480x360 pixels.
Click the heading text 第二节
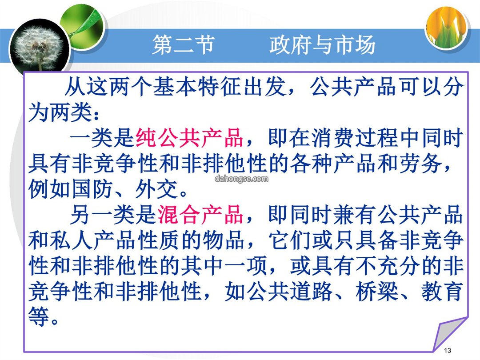[184, 45]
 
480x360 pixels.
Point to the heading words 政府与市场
[322, 45]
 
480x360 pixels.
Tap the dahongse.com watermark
[241, 179]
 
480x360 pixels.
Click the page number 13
[447, 351]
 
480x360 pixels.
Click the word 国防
[92, 189]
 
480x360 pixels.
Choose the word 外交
[157, 189]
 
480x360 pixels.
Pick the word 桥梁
[377, 292]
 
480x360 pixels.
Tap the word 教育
[442, 292]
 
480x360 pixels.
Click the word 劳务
[420, 164]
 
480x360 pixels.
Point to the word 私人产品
[92, 240]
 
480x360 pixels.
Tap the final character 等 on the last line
[39, 317]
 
